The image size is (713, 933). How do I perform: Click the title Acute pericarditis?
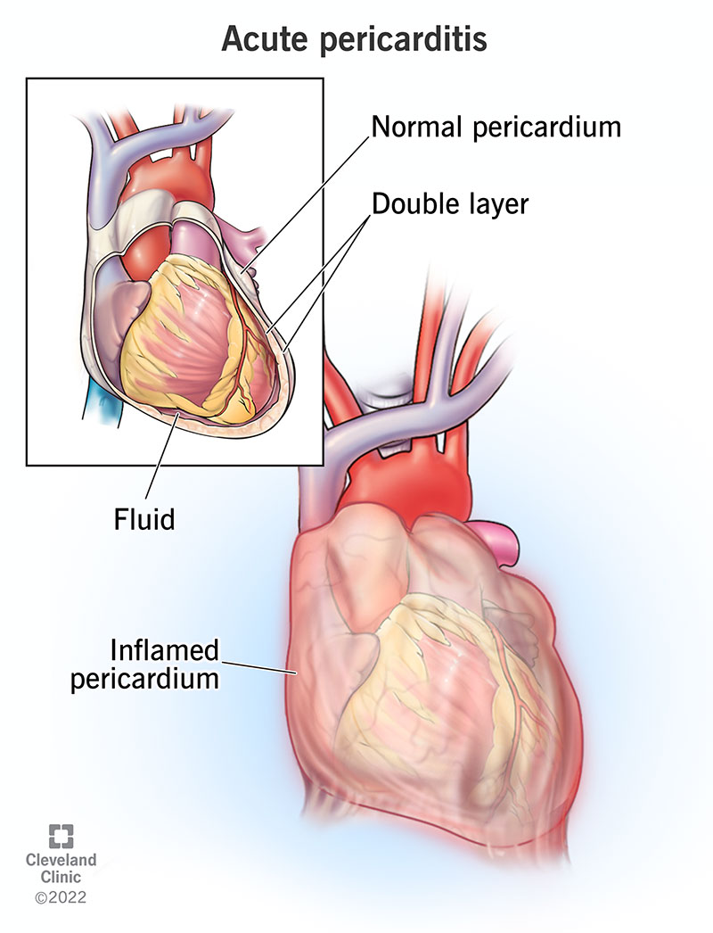click(355, 40)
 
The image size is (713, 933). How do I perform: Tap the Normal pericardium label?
click(496, 128)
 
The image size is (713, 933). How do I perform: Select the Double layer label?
click(450, 204)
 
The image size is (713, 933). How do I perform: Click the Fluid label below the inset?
click(144, 519)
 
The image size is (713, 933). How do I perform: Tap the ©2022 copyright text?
click(61, 896)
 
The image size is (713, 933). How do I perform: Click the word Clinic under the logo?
click(61, 877)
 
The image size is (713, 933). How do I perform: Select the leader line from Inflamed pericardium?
click(258, 667)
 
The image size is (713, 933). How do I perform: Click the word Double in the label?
click(411, 203)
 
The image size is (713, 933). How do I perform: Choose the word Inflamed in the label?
click(165, 649)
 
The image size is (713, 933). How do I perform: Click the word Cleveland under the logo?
click(61, 860)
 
